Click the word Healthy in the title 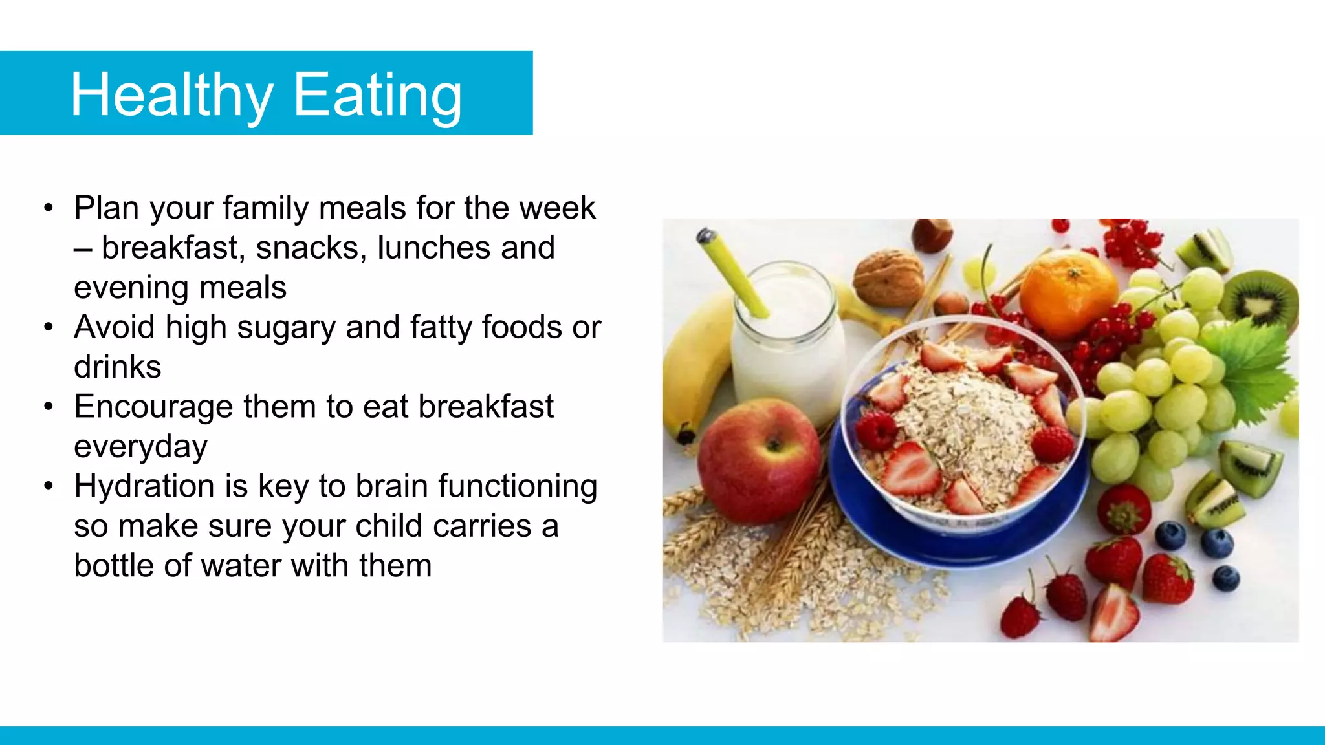coord(171,95)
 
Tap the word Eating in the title coord(378,95)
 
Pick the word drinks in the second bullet coord(117,367)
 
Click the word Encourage coord(153,407)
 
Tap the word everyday coord(140,447)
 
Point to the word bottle coord(113,566)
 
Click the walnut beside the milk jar coord(888,278)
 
